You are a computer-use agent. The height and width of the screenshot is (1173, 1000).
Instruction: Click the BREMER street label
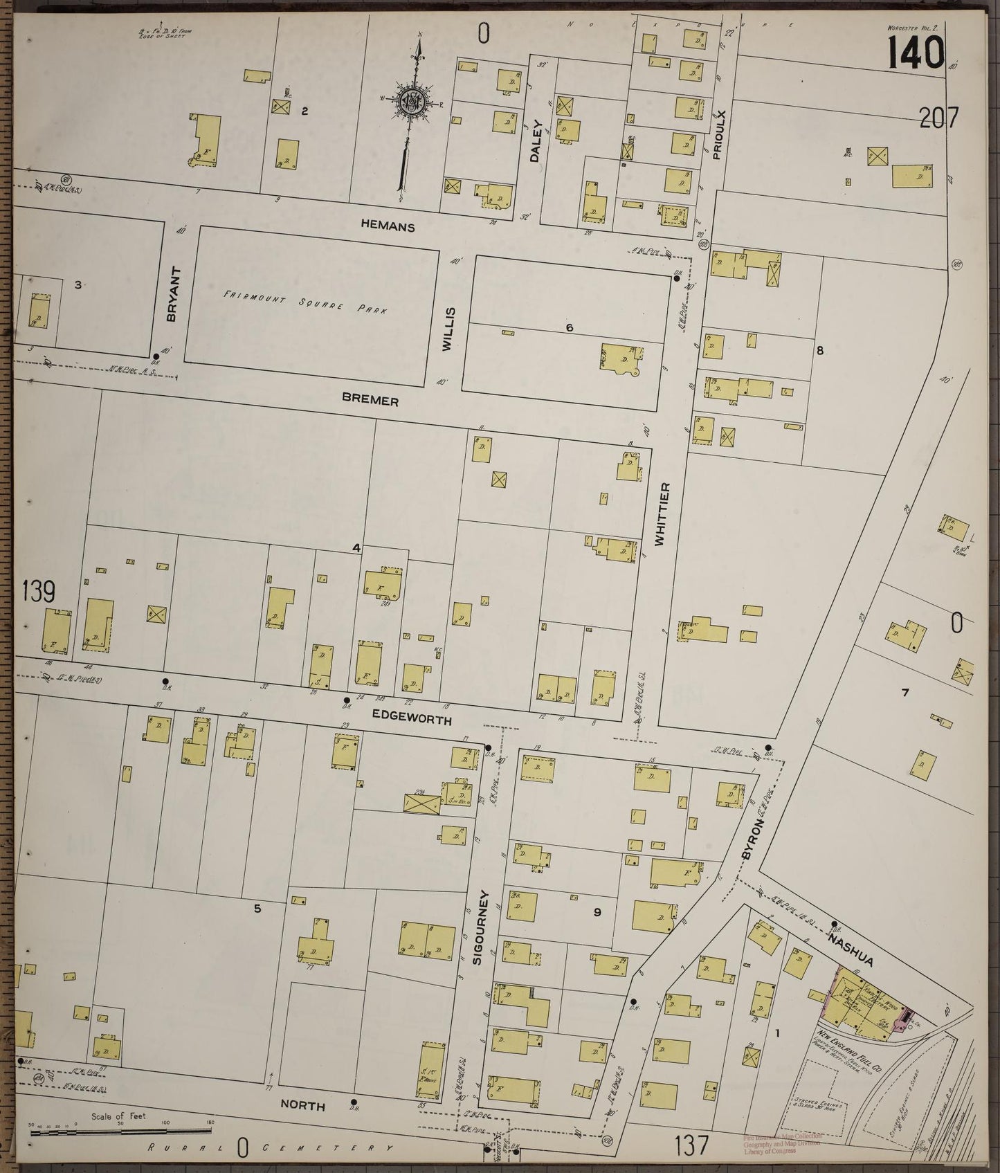(x=370, y=400)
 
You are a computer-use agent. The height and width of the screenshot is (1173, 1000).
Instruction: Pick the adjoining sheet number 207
(x=939, y=119)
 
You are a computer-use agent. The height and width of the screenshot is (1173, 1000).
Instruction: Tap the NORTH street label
(x=302, y=1107)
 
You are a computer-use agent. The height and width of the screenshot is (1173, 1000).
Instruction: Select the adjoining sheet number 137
(x=690, y=1146)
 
